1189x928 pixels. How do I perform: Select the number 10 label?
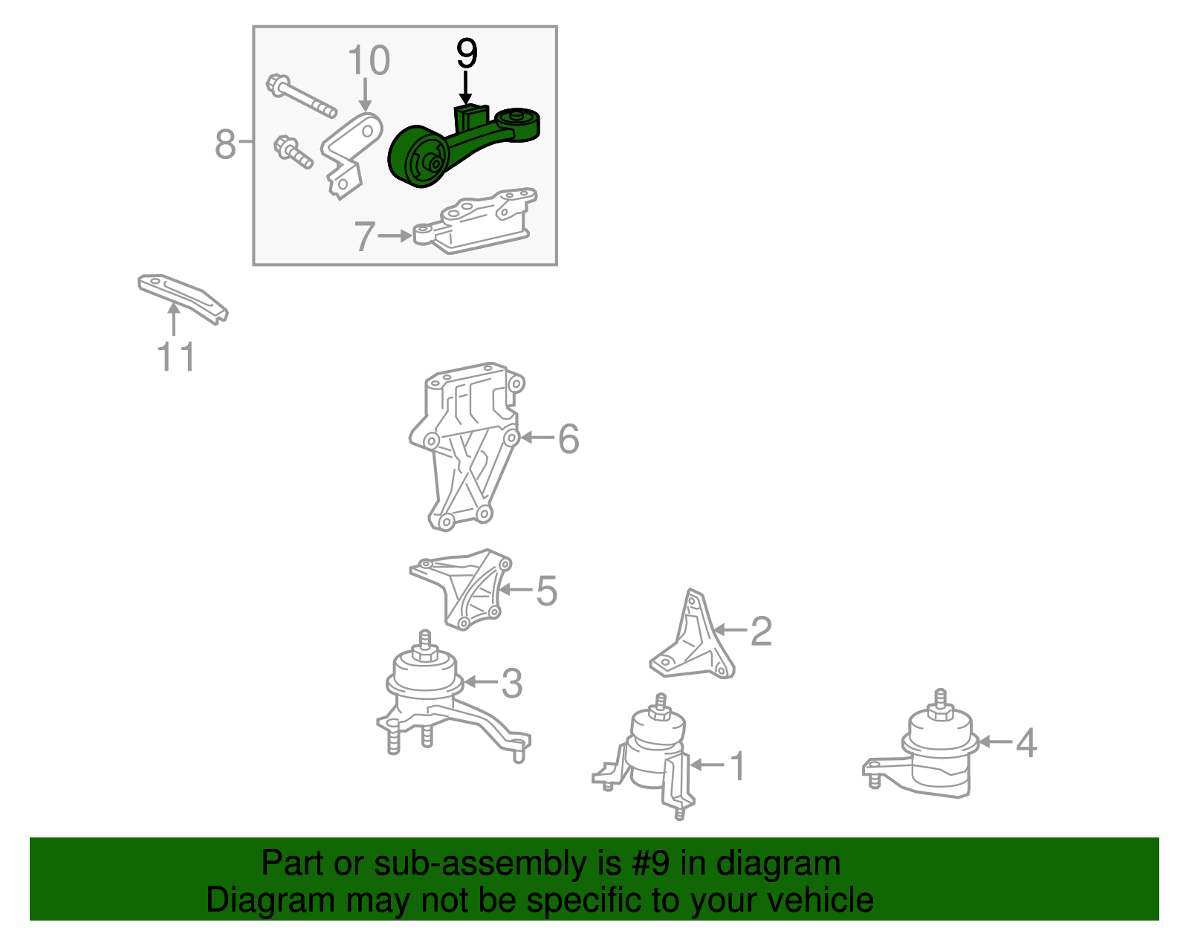coord(369,60)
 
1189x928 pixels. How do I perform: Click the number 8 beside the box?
coord(225,144)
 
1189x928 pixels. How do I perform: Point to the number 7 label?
coord(365,236)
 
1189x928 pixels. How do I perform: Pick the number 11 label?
coord(176,357)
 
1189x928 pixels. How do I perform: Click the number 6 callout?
coord(568,438)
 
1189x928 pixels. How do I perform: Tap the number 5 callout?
coord(546,591)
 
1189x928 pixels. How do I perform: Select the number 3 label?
coord(511,683)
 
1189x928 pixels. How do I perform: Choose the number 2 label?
coord(760,631)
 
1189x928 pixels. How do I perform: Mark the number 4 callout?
coord(1026,742)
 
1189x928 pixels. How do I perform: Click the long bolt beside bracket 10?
coord(300,96)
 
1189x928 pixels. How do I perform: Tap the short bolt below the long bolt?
coord(293,152)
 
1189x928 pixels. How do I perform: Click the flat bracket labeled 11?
coord(182,298)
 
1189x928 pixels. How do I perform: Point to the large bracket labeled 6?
coord(467,445)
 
